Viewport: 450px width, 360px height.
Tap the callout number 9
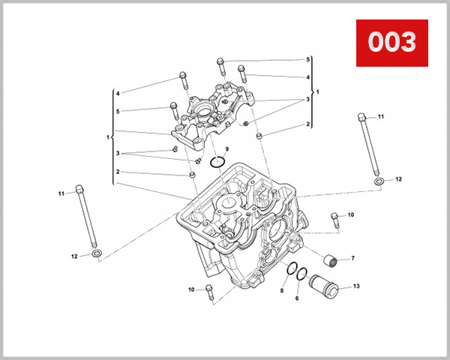click(227, 149)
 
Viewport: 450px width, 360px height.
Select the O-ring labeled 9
click(218, 162)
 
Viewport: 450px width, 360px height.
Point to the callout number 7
click(353, 259)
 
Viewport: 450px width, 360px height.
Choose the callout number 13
click(356, 286)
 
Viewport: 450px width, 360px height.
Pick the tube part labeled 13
click(328, 286)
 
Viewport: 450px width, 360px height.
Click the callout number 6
click(297, 298)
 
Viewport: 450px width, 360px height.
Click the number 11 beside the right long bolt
click(380, 117)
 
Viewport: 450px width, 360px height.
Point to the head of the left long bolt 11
click(79, 187)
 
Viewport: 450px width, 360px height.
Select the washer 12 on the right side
click(379, 181)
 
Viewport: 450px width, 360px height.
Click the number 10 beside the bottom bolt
click(191, 289)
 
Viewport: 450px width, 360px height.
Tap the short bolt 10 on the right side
click(334, 219)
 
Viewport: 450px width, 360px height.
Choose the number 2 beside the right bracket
click(307, 124)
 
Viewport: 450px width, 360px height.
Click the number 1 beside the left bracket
click(109, 137)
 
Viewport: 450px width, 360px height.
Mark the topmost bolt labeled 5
click(220, 61)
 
